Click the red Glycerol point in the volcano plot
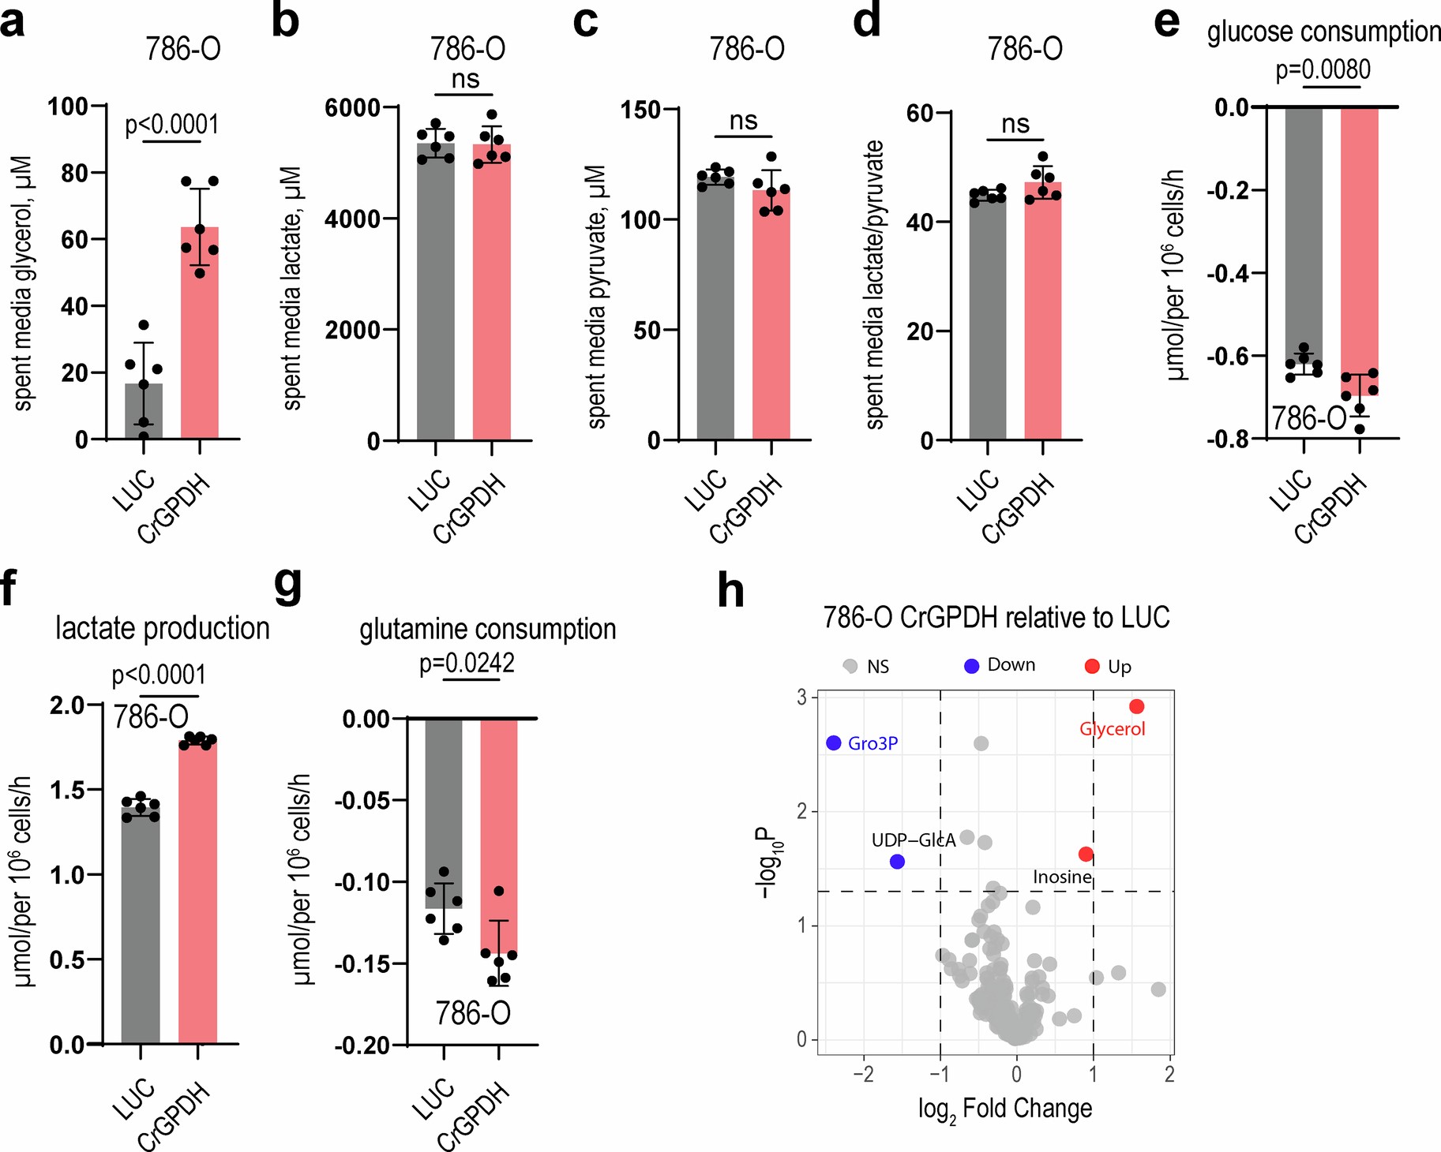1136,706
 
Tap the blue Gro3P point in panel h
834,742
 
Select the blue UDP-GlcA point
897,862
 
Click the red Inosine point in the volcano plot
1086,854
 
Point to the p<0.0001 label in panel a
171,125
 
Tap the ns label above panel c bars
743,121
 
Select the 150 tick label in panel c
640,110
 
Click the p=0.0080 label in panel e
1323,69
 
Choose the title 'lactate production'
163,628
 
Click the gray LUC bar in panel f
141,923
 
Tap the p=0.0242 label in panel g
467,663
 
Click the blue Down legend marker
971,666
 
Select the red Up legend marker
1092,667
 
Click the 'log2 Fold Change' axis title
1004,1109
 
